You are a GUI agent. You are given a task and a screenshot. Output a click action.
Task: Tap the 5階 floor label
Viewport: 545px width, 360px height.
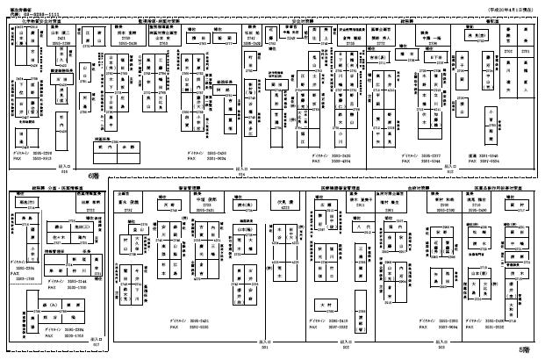[x=525, y=349]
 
